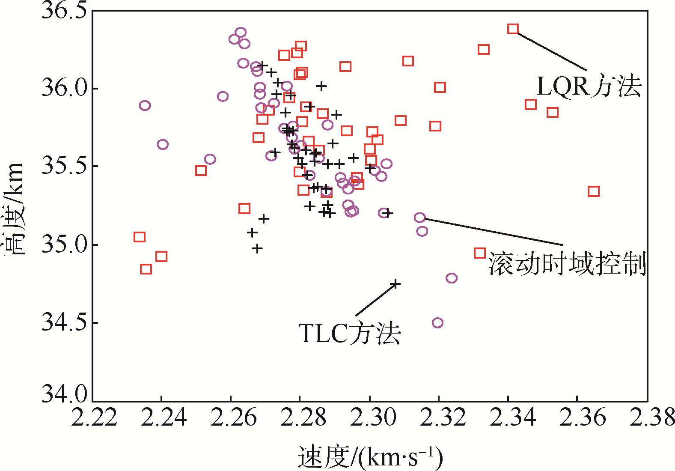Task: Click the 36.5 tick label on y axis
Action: tap(63, 10)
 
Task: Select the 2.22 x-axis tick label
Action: tap(94, 417)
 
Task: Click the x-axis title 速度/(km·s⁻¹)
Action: tap(370, 457)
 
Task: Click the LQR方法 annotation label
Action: tap(589, 86)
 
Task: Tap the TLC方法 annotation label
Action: tap(349, 334)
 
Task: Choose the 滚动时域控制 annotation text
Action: tap(567, 264)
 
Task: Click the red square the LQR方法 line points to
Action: tap(513, 29)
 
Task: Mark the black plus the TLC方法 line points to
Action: tap(396, 283)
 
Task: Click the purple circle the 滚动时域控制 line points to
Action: tap(420, 218)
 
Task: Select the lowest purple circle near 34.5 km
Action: tap(437, 322)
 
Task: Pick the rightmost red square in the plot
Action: tap(593, 191)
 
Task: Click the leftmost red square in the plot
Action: tap(139, 237)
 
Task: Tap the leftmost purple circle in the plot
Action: tap(145, 105)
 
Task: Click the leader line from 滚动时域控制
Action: tap(492, 232)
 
